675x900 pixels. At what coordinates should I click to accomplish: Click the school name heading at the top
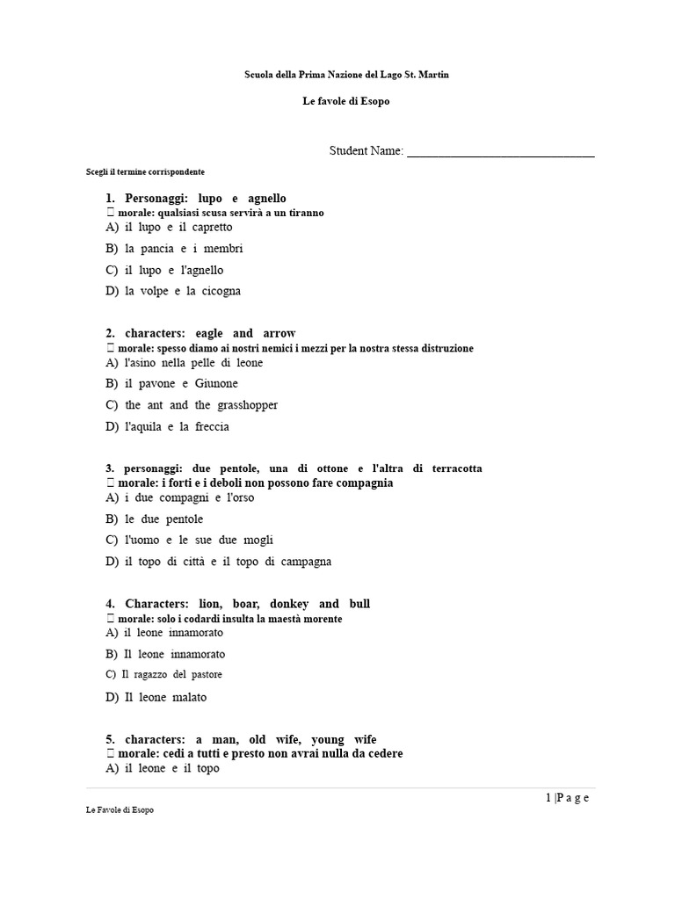click(x=346, y=76)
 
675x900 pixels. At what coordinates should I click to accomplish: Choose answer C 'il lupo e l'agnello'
click(x=174, y=270)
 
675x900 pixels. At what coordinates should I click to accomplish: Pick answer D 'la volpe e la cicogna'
click(x=183, y=291)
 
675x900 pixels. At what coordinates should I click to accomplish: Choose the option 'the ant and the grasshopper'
click(x=201, y=405)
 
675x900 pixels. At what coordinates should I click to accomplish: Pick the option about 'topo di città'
click(x=228, y=562)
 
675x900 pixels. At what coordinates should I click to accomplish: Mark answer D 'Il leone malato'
click(x=165, y=697)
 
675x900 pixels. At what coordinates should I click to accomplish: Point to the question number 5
click(x=110, y=739)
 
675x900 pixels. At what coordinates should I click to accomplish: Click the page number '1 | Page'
click(x=567, y=798)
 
